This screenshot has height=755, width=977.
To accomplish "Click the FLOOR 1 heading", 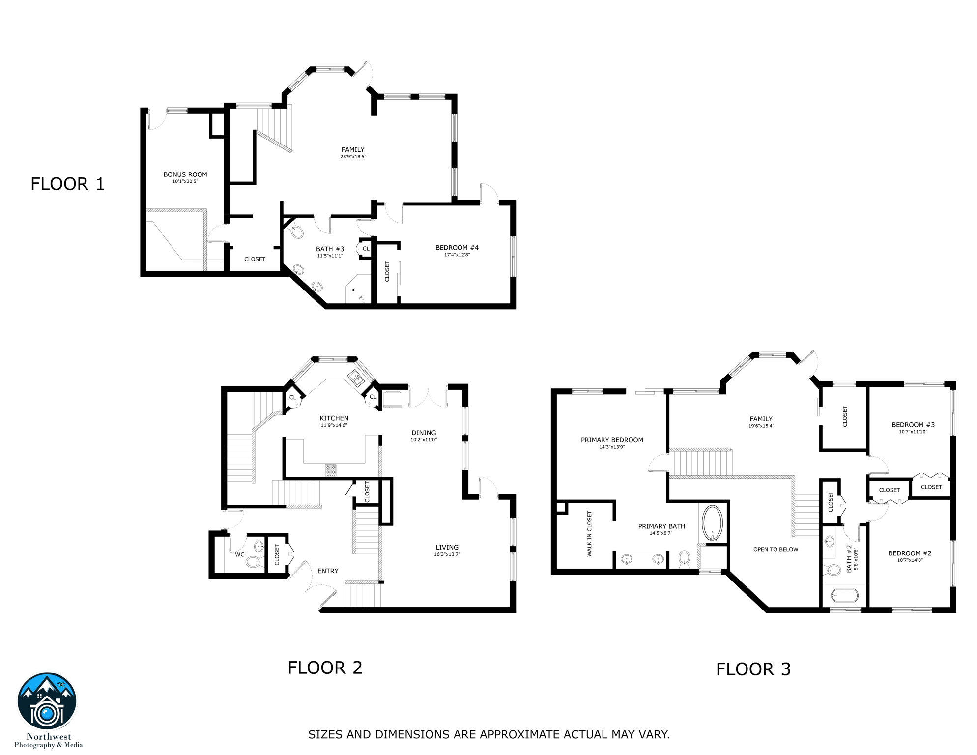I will (x=68, y=184).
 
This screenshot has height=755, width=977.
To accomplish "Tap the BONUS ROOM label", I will (x=185, y=174).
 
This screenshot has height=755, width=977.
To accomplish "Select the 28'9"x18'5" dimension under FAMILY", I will (x=353, y=157).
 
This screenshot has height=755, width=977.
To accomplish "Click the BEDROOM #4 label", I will (x=457, y=248).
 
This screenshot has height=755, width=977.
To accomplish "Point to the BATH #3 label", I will (x=330, y=249).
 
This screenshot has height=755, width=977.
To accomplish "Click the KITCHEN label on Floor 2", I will (x=334, y=418).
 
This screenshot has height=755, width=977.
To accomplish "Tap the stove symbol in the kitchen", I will (x=331, y=470).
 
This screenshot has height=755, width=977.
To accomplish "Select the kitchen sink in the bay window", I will (x=355, y=379).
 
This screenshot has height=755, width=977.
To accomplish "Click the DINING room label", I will (x=424, y=433).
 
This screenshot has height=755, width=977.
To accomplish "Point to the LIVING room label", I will (x=447, y=547).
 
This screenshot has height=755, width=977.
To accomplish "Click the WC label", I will (x=239, y=554).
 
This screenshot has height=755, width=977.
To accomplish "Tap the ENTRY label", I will (x=328, y=571).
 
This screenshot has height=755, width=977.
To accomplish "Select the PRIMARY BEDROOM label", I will (x=612, y=440).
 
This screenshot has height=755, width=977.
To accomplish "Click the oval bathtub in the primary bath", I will (x=712, y=523).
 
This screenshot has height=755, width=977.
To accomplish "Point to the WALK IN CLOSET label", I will (x=589, y=534).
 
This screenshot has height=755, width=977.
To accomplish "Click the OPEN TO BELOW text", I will (x=776, y=549).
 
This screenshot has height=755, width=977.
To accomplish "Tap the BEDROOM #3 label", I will (x=913, y=425).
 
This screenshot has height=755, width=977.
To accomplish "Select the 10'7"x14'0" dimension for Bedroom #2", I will (x=910, y=560).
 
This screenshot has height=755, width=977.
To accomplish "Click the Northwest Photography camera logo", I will (x=47, y=702).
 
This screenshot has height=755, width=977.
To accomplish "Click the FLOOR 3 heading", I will (x=753, y=669).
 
